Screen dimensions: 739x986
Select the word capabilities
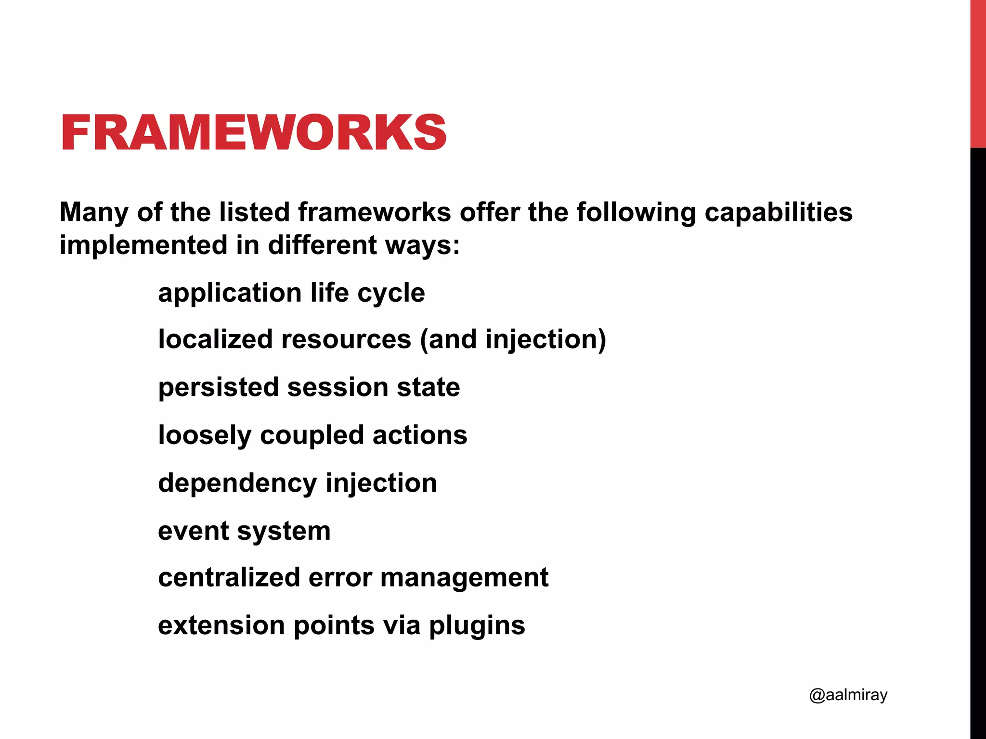[778, 213]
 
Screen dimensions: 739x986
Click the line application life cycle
[291, 293]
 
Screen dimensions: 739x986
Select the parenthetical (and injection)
[513, 340]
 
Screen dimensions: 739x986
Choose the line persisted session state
[309, 387]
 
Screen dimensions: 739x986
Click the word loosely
[205, 435]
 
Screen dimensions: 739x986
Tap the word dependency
[237, 483]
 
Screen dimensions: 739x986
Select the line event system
[244, 531]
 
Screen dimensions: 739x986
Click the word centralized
[229, 577]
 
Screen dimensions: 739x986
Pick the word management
[464, 577]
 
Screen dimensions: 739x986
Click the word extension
[221, 625]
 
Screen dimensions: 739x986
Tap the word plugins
[477, 626]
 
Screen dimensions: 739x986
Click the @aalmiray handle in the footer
[848, 695]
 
